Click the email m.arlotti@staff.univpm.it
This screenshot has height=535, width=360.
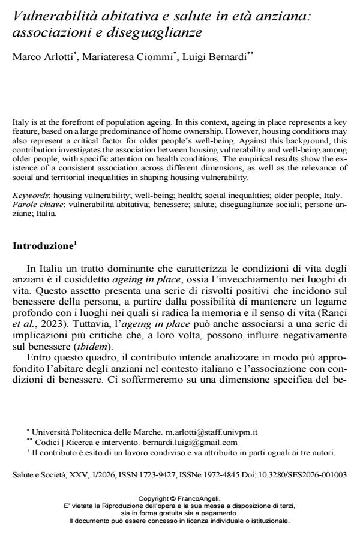click(x=199, y=449)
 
